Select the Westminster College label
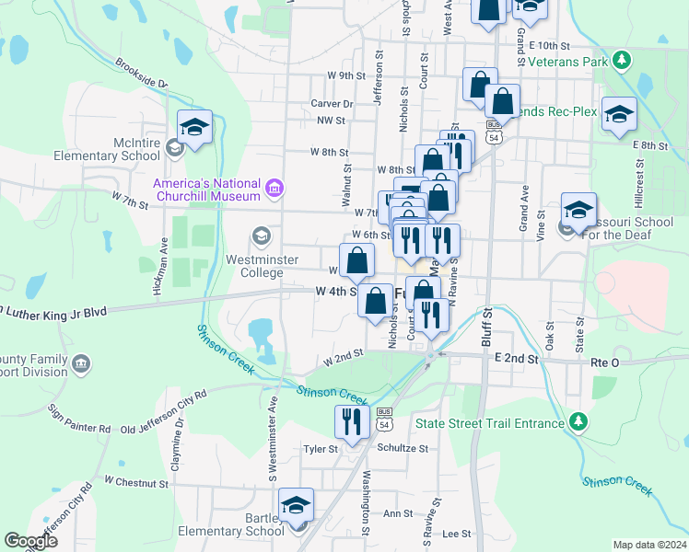pos(263,266)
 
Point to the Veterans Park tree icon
pos(623,61)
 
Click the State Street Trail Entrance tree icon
pos(578,422)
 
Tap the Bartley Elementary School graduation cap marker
pos(297,505)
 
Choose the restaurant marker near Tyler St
pos(351,421)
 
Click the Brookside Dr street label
pos(142,75)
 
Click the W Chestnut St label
pos(136,481)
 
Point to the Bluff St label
pos(486,328)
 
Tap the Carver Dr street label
pos(332,104)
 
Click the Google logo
pos(30,540)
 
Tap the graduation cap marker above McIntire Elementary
pos(195,126)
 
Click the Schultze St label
pos(403,448)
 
